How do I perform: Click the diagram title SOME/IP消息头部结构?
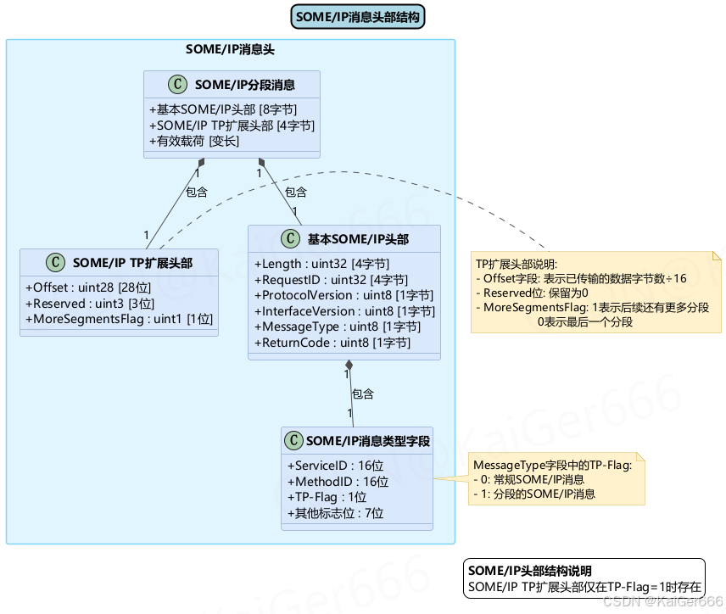pos(358,16)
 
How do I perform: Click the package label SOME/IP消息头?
pos(230,50)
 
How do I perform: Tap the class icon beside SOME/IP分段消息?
pos(177,84)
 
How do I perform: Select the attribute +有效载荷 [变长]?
pos(194,141)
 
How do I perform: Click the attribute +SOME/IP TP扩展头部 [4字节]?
pos(232,126)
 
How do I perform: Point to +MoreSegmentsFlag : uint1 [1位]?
pos(119,319)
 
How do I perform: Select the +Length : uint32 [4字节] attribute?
pos(322,264)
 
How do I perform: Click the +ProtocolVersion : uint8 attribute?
pos(343,295)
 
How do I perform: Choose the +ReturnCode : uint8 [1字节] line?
pos(332,343)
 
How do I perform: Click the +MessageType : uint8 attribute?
pos(338,327)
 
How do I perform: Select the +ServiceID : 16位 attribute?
pos(336,466)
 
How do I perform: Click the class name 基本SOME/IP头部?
pos(358,239)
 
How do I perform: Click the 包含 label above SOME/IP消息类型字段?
pos(363,394)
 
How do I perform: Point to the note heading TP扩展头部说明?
pos(517,264)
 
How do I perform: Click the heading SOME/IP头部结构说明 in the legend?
pos(530,571)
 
